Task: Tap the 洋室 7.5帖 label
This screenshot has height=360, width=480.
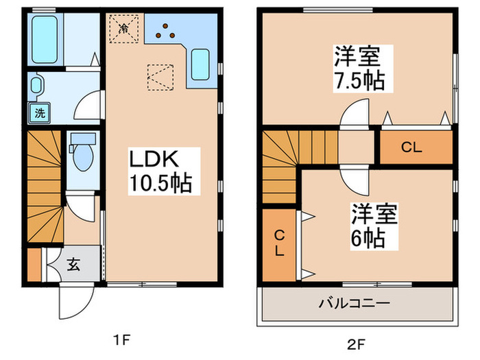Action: tap(359, 68)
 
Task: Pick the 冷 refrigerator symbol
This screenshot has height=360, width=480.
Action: tap(124, 29)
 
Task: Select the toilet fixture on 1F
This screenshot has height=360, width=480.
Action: tap(82, 155)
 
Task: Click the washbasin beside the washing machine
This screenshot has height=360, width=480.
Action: tap(37, 86)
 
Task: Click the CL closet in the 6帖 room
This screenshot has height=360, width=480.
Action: tap(279, 243)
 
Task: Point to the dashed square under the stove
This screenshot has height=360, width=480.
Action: tap(160, 77)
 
